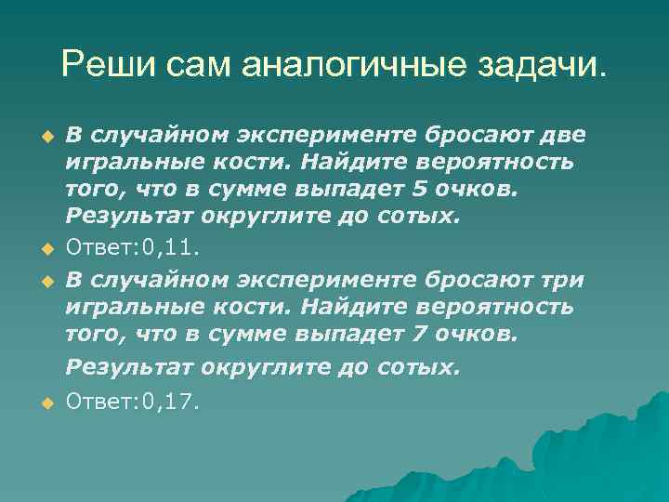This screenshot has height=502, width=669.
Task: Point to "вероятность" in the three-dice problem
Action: (x=511, y=308)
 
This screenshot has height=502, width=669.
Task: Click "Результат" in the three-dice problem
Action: (x=121, y=367)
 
